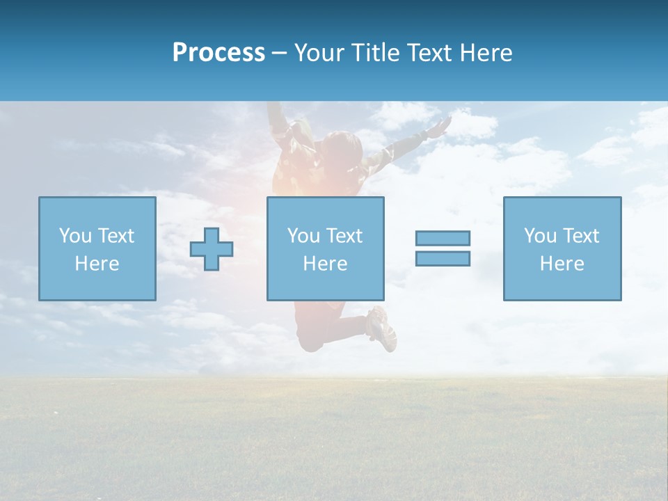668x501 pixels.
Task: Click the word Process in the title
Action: coord(218,53)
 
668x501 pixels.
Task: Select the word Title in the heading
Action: coord(375,53)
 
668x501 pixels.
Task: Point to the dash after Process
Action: coord(280,54)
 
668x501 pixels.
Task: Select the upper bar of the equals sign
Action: coord(443,238)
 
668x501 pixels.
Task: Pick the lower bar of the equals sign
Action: coord(443,258)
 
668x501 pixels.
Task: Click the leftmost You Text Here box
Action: coord(97,248)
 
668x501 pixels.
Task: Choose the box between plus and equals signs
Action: coord(325,248)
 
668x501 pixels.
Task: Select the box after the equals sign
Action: coord(562,248)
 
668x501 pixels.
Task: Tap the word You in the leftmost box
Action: coord(75,236)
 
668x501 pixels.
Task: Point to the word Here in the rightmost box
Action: coord(562,264)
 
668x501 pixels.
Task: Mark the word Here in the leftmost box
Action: coord(97,264)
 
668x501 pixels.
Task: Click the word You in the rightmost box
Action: coord(540,236)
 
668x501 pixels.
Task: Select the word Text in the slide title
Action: coord(428,53)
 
